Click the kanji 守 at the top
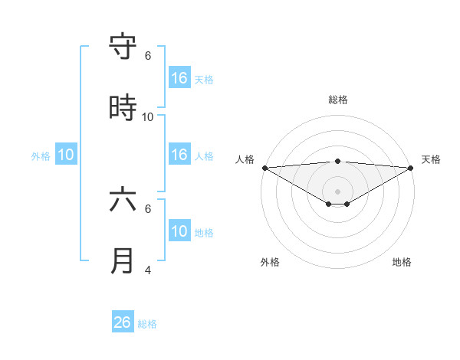[x=123, y=47]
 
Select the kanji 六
[x=123, y=199]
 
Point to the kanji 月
[x=123, y=261]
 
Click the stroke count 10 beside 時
[x=148, y=117]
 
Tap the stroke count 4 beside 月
[x=148, y=270]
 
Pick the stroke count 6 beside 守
[x=148, y=56]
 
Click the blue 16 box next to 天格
[x=179, y=78]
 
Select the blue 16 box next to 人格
[x=179, y=155]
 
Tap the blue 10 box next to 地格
[x=179, y=231]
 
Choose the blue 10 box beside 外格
[x=66, y=155]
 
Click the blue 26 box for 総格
[x=123, y=322]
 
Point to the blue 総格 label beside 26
[x=147, y=324]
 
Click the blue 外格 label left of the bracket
[x=41, y=156]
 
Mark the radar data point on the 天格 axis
[x=412, y=168]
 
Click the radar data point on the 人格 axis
[x=264, y=168]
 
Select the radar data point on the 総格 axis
[x=338, y=161]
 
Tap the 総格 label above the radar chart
[x=338, y=100]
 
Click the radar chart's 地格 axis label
[x=402, y=262]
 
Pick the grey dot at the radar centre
[x=338, y=191]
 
